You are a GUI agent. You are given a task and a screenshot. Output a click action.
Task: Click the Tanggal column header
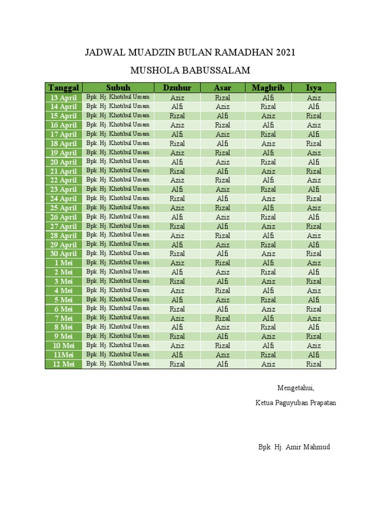click(x=63, y=88)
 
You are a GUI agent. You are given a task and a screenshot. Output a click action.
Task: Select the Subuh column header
click(x=118, y=88)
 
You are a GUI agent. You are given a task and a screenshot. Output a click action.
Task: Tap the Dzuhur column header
click(x=177, y=88)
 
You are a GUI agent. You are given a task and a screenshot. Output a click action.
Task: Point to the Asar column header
click(x=223, y=88)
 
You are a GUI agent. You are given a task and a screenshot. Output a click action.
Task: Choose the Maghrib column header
click(x=268, y=88)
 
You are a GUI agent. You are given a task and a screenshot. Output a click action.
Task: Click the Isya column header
click(x=314, y=88)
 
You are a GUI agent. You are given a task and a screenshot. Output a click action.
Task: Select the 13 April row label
click(x=63, y=97)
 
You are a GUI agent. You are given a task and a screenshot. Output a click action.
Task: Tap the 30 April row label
click(x=63, y=254)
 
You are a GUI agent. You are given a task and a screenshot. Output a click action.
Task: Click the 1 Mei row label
click(x=63, y=263)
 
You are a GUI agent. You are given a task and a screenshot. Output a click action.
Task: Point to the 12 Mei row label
click(x=63, y=364)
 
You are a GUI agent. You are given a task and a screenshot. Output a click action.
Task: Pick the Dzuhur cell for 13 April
click(x=177, y=97)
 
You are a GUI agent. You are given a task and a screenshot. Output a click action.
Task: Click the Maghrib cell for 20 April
click(x=268, y=162)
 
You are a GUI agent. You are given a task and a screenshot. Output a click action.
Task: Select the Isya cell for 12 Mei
click(x=314, y=364)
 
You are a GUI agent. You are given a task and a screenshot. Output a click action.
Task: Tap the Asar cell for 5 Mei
click(x=223, y=300)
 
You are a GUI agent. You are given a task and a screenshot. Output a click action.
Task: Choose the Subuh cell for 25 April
click(x=118, y=207)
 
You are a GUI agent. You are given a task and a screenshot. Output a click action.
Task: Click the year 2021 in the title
click(x=284, y=52)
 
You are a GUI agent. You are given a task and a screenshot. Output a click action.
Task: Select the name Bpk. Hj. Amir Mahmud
click(x=294, y=447)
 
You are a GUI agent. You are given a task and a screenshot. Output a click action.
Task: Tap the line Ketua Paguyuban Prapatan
click(x=296, y=403)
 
